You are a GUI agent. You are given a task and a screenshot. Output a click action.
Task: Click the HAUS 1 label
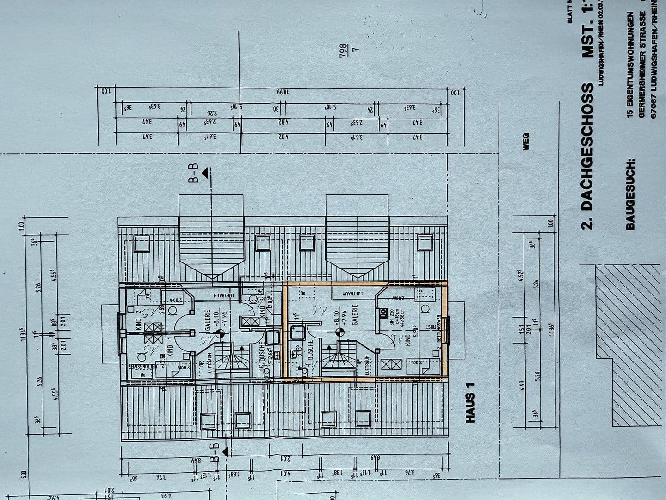(x=470, y=407)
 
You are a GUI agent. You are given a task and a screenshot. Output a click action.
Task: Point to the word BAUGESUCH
(x=631, y=194)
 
